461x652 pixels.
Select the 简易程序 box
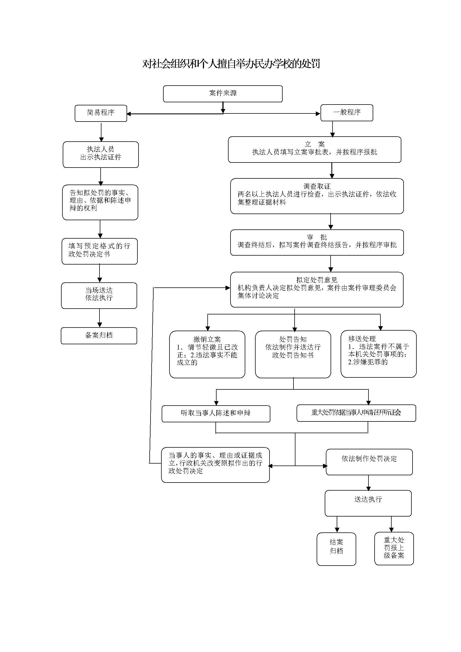(x=101, y=113)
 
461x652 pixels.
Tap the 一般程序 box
(x=347, y=112)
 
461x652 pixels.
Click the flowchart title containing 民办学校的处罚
(x=231, y=64)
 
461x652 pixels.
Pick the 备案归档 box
(x=99, y=336)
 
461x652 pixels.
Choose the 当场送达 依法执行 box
(x=99, y=295)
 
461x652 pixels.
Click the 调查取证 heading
(x=317, y=186)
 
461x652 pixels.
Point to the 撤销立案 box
(x=207, y=354)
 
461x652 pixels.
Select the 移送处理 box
(x=378, y=353)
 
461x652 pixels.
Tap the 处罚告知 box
(x=293, y=354)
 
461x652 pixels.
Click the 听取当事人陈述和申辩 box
(x=216, y=413)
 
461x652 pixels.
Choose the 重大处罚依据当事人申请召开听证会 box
(x=356, y=413)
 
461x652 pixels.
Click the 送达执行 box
(x=368, y=503)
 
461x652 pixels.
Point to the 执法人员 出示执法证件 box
(x=101, y=154)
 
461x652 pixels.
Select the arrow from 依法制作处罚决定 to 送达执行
(x=368, y=483)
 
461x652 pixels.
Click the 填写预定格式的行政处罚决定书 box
(x=99, y=251)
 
